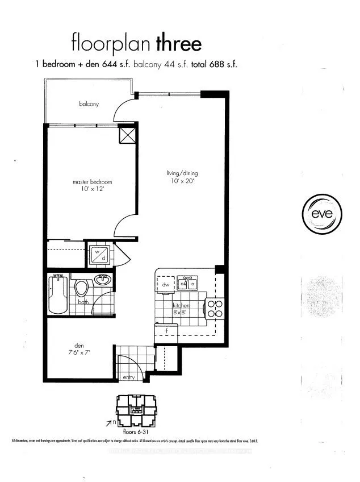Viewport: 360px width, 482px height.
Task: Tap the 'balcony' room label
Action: click(x=89, y=104)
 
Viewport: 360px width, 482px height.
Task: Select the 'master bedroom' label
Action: click(x=92, y=182)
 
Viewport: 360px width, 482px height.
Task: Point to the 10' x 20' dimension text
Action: click(x=182, y=181)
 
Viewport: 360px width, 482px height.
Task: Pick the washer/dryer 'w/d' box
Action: click(x=99, y=254)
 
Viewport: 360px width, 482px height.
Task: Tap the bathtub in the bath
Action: click(x=58, y=294)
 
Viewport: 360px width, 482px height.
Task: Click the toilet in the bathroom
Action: click(x=82, y=288)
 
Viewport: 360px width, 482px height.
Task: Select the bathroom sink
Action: click(x=104, y=280)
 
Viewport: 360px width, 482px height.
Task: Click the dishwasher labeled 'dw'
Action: click(x=166, y=284)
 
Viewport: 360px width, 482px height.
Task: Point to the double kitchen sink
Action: click(x=187, y=282)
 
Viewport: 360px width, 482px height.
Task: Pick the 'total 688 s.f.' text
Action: click(x=214, y=64)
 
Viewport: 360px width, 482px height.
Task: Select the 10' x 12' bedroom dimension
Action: click(x=92, y=190)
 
